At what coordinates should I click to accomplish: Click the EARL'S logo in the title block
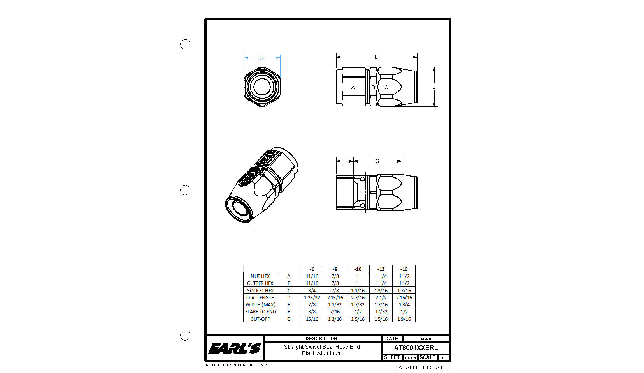235,348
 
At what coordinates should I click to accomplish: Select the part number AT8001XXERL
416,348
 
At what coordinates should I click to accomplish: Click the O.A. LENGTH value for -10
358,297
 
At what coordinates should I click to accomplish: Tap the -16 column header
404,269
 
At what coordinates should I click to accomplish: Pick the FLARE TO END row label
260,311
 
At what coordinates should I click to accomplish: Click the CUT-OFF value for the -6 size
312,319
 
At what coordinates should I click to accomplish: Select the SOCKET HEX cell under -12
381,290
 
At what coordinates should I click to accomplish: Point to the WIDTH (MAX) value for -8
335,304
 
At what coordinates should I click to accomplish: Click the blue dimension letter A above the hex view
261,58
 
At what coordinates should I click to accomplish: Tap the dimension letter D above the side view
376,57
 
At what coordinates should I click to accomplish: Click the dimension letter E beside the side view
434,87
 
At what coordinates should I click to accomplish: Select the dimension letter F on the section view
344,161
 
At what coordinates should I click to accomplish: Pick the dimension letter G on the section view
377,161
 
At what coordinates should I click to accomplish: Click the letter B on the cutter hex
373,87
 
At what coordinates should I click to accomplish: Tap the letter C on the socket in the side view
386,87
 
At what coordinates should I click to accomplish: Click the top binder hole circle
185,44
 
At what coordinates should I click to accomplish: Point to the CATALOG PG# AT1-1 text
422,368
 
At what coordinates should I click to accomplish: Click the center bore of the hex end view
262,87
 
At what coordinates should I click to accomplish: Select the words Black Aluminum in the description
321,353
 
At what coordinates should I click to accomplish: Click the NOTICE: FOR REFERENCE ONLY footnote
237,365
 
